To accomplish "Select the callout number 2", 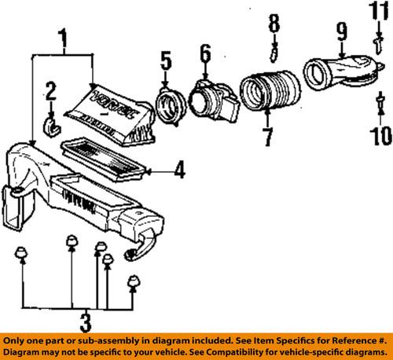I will (50, 93).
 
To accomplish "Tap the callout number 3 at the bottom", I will (77, 321).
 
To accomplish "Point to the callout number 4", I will (179, 167).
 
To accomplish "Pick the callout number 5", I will (165, 58).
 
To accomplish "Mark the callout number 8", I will (273, 23).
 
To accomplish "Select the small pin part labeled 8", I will (274, 53).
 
